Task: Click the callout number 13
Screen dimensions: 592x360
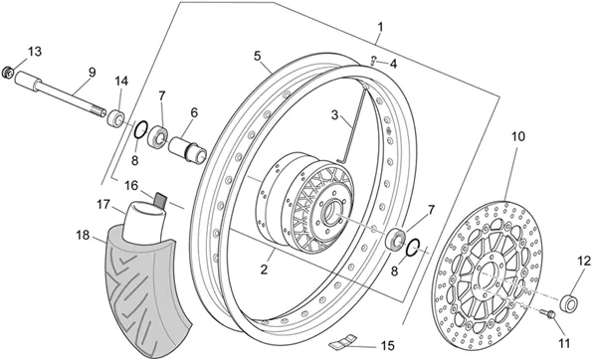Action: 35,52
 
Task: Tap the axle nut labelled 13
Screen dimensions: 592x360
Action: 8,72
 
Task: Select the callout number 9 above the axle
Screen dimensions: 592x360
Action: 93,72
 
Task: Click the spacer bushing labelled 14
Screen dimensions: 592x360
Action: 115,117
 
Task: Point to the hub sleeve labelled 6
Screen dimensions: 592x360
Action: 187,150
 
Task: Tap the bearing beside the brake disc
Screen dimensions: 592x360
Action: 395,239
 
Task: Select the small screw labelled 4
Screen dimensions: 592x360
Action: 374,61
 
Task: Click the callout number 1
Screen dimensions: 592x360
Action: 380,27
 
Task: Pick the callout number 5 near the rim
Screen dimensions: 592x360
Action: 258,57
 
